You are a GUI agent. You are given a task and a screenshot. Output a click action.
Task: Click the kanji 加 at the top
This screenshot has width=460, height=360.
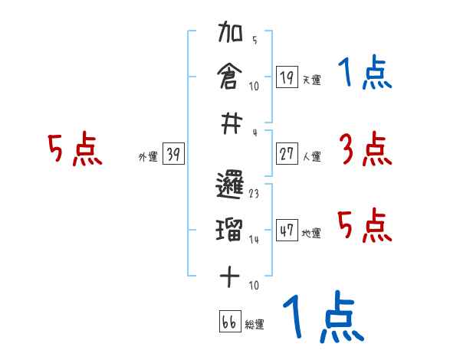[x=231, y=35]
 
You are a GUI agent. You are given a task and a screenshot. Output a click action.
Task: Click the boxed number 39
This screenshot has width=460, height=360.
[x=173, y=154]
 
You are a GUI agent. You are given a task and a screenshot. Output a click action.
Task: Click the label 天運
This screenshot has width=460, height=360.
[x=311, y=80]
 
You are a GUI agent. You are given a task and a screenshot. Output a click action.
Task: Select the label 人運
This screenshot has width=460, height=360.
[x=311, y=156]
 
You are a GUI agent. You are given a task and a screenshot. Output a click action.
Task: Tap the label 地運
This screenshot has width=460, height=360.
[x=311, y=233]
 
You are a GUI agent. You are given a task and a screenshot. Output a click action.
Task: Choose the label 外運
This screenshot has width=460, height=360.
[x=148, y=157]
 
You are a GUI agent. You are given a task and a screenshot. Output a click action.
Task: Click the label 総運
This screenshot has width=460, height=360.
[x=255, y=324]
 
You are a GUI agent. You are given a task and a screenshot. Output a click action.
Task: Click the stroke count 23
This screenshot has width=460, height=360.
[x=254, y=195]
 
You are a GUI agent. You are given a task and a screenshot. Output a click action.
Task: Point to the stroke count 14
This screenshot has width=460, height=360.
[x=254, y=240]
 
